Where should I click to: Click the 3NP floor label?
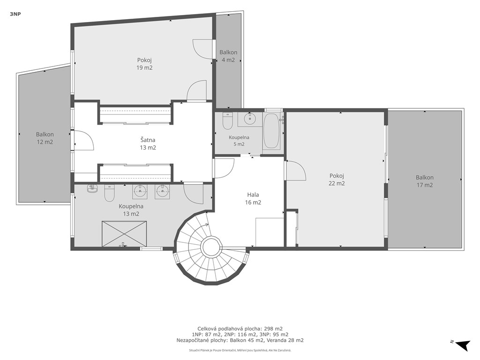coord(15,14)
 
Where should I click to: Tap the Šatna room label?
coord(148,140)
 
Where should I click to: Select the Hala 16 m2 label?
coord(253,198)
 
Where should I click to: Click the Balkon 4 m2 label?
coord(228,56)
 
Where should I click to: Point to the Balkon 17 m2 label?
coord(425,181)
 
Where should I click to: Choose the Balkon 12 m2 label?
coord(45,138)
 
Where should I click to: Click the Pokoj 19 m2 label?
coord(144,64)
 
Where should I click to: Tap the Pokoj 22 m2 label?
coord(337,180)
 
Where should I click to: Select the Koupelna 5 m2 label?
coord(239,141)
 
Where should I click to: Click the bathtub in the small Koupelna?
coord(271,131)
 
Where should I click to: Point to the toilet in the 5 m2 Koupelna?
coord(227,120)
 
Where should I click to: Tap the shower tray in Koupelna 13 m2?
coord(124,233)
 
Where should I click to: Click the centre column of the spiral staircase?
coord(211,247)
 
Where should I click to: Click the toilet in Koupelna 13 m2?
coord(109,193)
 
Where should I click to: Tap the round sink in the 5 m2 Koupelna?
coord(250,118)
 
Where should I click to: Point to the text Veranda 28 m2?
coord(285,340)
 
